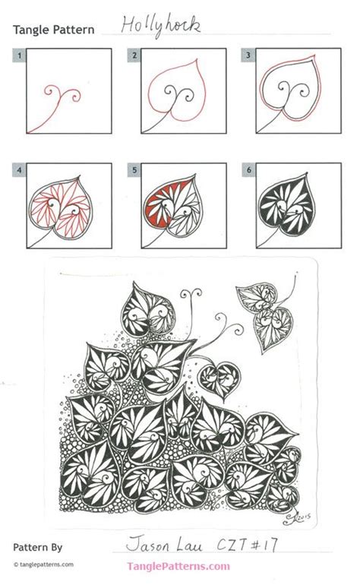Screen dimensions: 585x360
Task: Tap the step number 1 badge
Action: tap(20, 55)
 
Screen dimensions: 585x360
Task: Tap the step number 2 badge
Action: tap(134, 55)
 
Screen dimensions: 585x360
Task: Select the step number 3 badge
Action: tap(247, 55)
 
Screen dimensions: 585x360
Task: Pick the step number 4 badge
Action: tap(20, 171)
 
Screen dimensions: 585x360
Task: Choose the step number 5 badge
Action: tap(134, 171)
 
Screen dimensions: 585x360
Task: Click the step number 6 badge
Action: tap(247, 171)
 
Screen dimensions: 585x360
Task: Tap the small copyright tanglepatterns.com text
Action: tap(44, 564)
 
